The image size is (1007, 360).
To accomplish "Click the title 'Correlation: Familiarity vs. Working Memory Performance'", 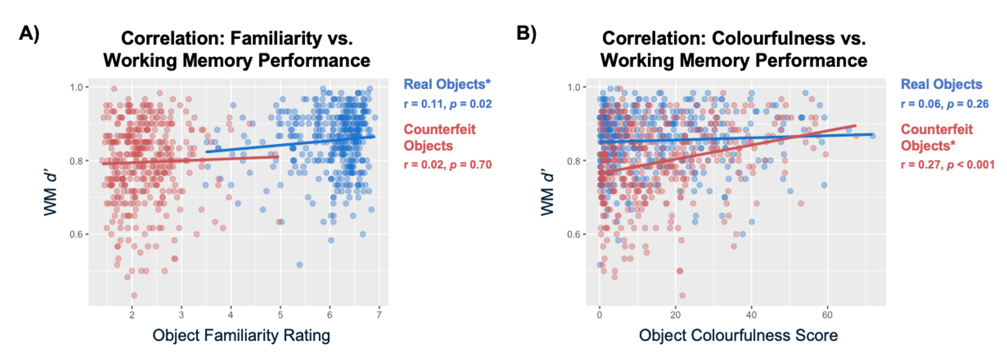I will (x=237, y=49).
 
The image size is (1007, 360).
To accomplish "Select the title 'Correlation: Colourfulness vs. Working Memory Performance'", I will (x=733, y=49).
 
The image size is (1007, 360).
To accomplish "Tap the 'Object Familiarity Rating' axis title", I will (x=241, y=336).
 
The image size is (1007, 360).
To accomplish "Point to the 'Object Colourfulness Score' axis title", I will (x=738, y=336).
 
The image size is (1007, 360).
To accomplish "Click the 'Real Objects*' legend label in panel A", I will (x=446, y=84).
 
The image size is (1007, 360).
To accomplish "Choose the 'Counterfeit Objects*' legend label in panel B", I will (x=936, y=137).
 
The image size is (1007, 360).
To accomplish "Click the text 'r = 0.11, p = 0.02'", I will (x=448, y=104).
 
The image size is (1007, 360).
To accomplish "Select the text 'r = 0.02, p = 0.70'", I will (x=448, y=165).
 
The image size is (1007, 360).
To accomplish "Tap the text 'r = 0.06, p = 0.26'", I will (x=944, y=104).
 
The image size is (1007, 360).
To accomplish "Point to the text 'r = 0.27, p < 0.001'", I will (x=947, y=165).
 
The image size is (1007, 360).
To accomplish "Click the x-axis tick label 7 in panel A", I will (x=379, y=315).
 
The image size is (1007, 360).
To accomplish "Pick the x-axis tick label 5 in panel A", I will (x=280, y=315).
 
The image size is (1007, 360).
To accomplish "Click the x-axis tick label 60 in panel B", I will (x=827, y=315).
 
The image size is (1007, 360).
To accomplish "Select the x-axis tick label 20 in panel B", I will (x=675, y=315).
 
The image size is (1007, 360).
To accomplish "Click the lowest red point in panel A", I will (x=134, y=295).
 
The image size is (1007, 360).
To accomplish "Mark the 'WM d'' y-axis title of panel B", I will (x=547, y=192).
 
